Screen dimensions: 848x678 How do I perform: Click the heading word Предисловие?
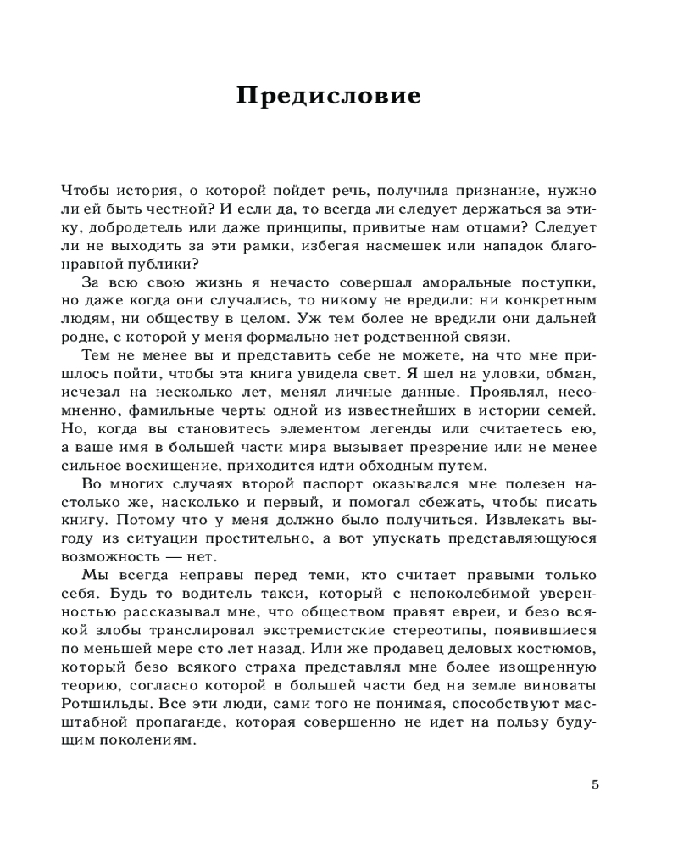[x=328, y=95]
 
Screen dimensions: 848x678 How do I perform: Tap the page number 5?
[x=595, y=784]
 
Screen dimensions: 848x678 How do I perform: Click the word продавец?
[x=409, y=649]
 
